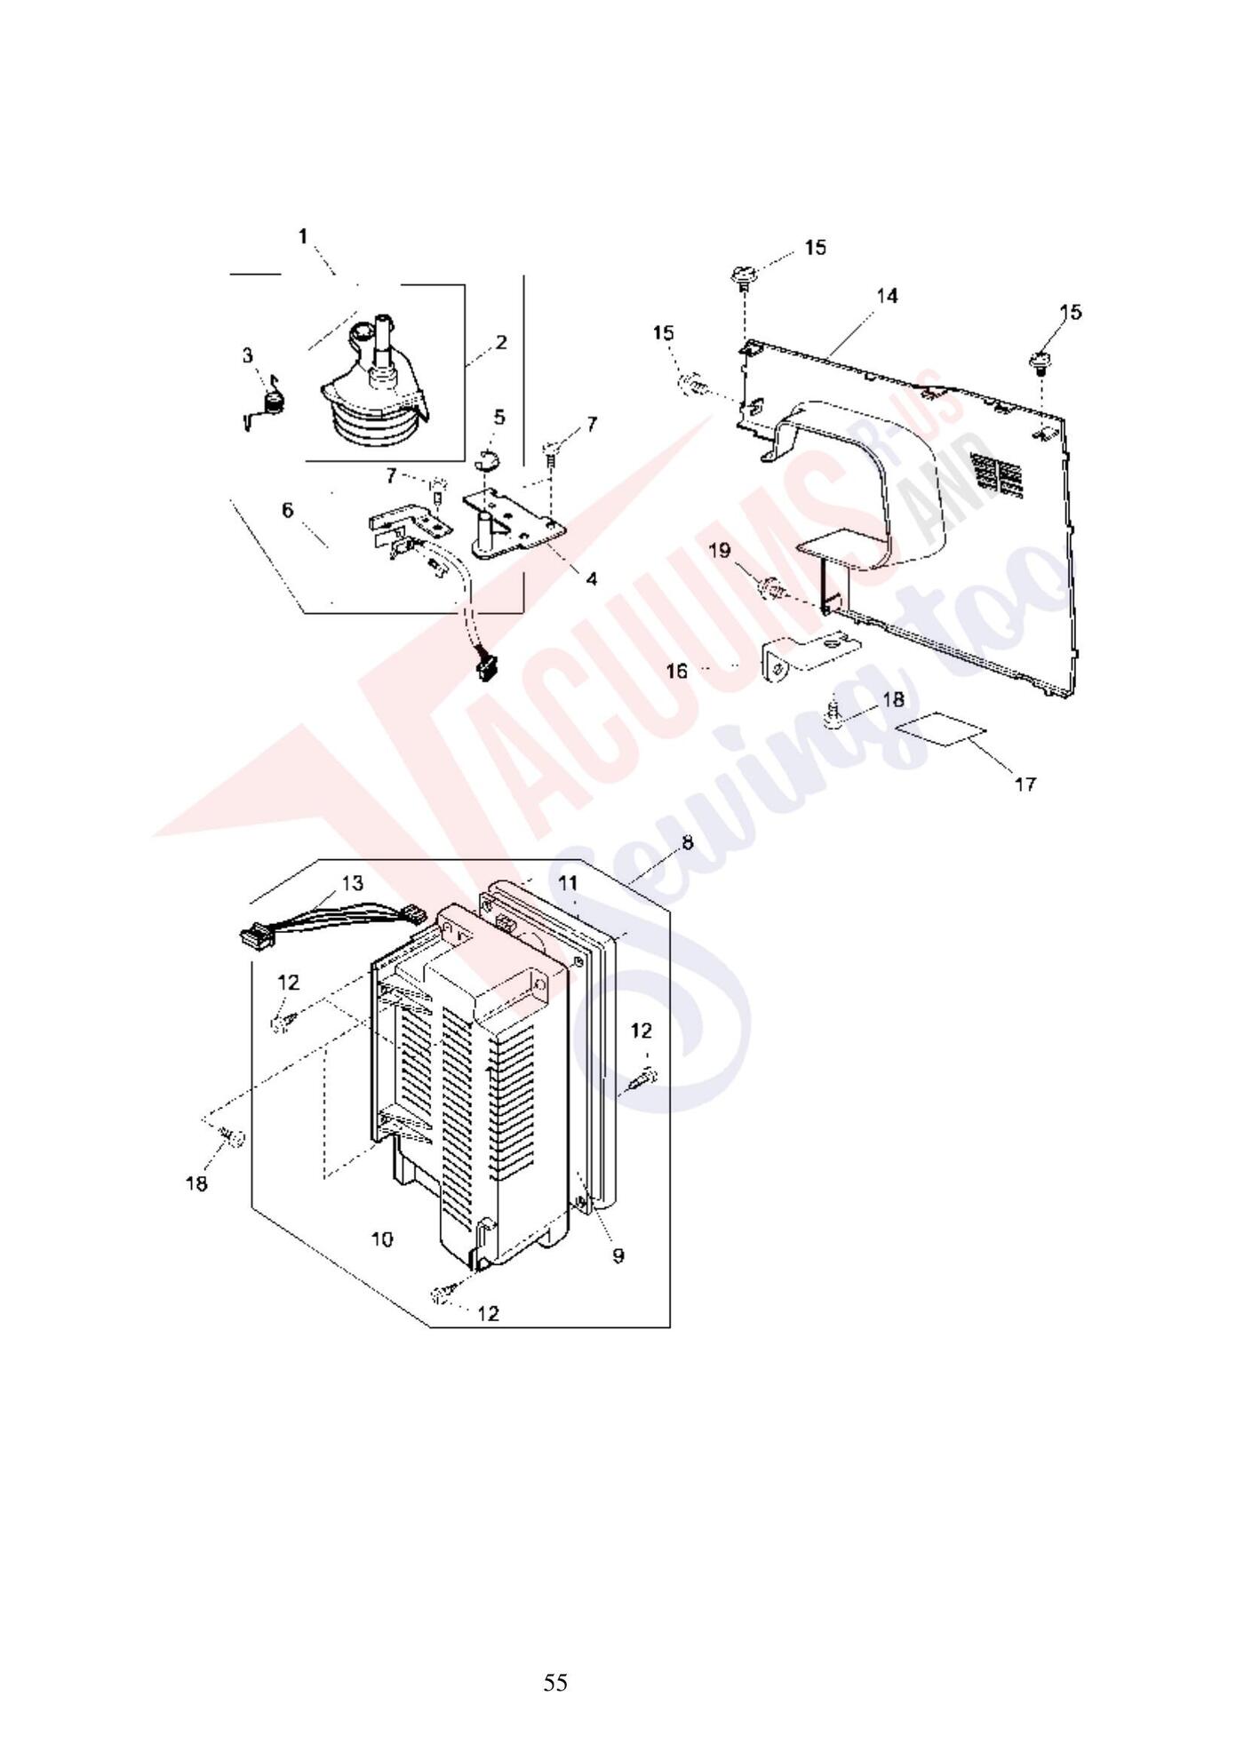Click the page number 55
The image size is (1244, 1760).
tap(555, 1683)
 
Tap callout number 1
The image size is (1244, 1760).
tap(303, 236)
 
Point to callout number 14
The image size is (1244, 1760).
tap(888, 296)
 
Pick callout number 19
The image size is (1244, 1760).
tap(720, 551)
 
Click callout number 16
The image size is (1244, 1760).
tap(676, 671)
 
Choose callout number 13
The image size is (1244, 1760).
tap(352, 883)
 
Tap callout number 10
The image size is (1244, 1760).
tap(382, 1238)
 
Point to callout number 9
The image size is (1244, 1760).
tap(618, 1254)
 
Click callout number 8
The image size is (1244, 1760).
tap(687, 842)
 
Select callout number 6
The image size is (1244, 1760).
tap(287, 510)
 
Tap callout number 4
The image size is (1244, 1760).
tap(591, 579)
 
